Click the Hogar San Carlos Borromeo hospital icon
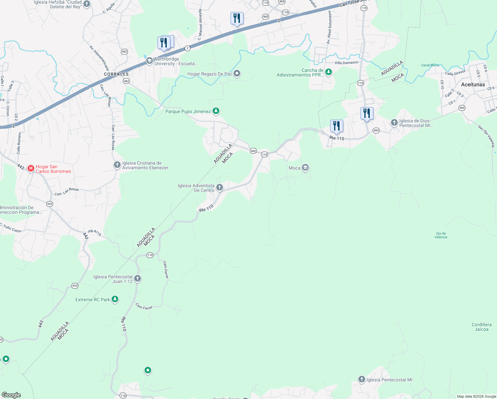click(x=31, y=169)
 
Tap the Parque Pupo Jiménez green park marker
click(x=216, y=111)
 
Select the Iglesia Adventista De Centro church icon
click(x=220, y=188)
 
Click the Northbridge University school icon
click(x=149, y=61)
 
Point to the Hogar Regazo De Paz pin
click(x=237, y=73)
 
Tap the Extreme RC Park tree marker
click(x=115, y=299)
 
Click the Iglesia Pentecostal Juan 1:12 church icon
click(x=138, y=279)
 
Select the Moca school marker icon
click(x=305, y=168)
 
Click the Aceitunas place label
click(x=473, y=84)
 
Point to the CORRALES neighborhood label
click(x=116, y=74)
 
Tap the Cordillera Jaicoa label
click(x=481, y=327)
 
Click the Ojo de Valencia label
click(x=441, y=235)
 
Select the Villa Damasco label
click(x=347, y=63)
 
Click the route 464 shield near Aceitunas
click(x=462, y=108)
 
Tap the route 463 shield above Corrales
click(x=124, y=52)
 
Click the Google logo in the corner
click(x=11, y=395)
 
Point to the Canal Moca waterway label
click(x=430, y=65)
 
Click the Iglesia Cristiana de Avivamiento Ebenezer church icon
click(x=117, y=165)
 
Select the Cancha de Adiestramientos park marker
click(x=329, y=72)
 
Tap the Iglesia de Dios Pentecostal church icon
click(x=394, y=123)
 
